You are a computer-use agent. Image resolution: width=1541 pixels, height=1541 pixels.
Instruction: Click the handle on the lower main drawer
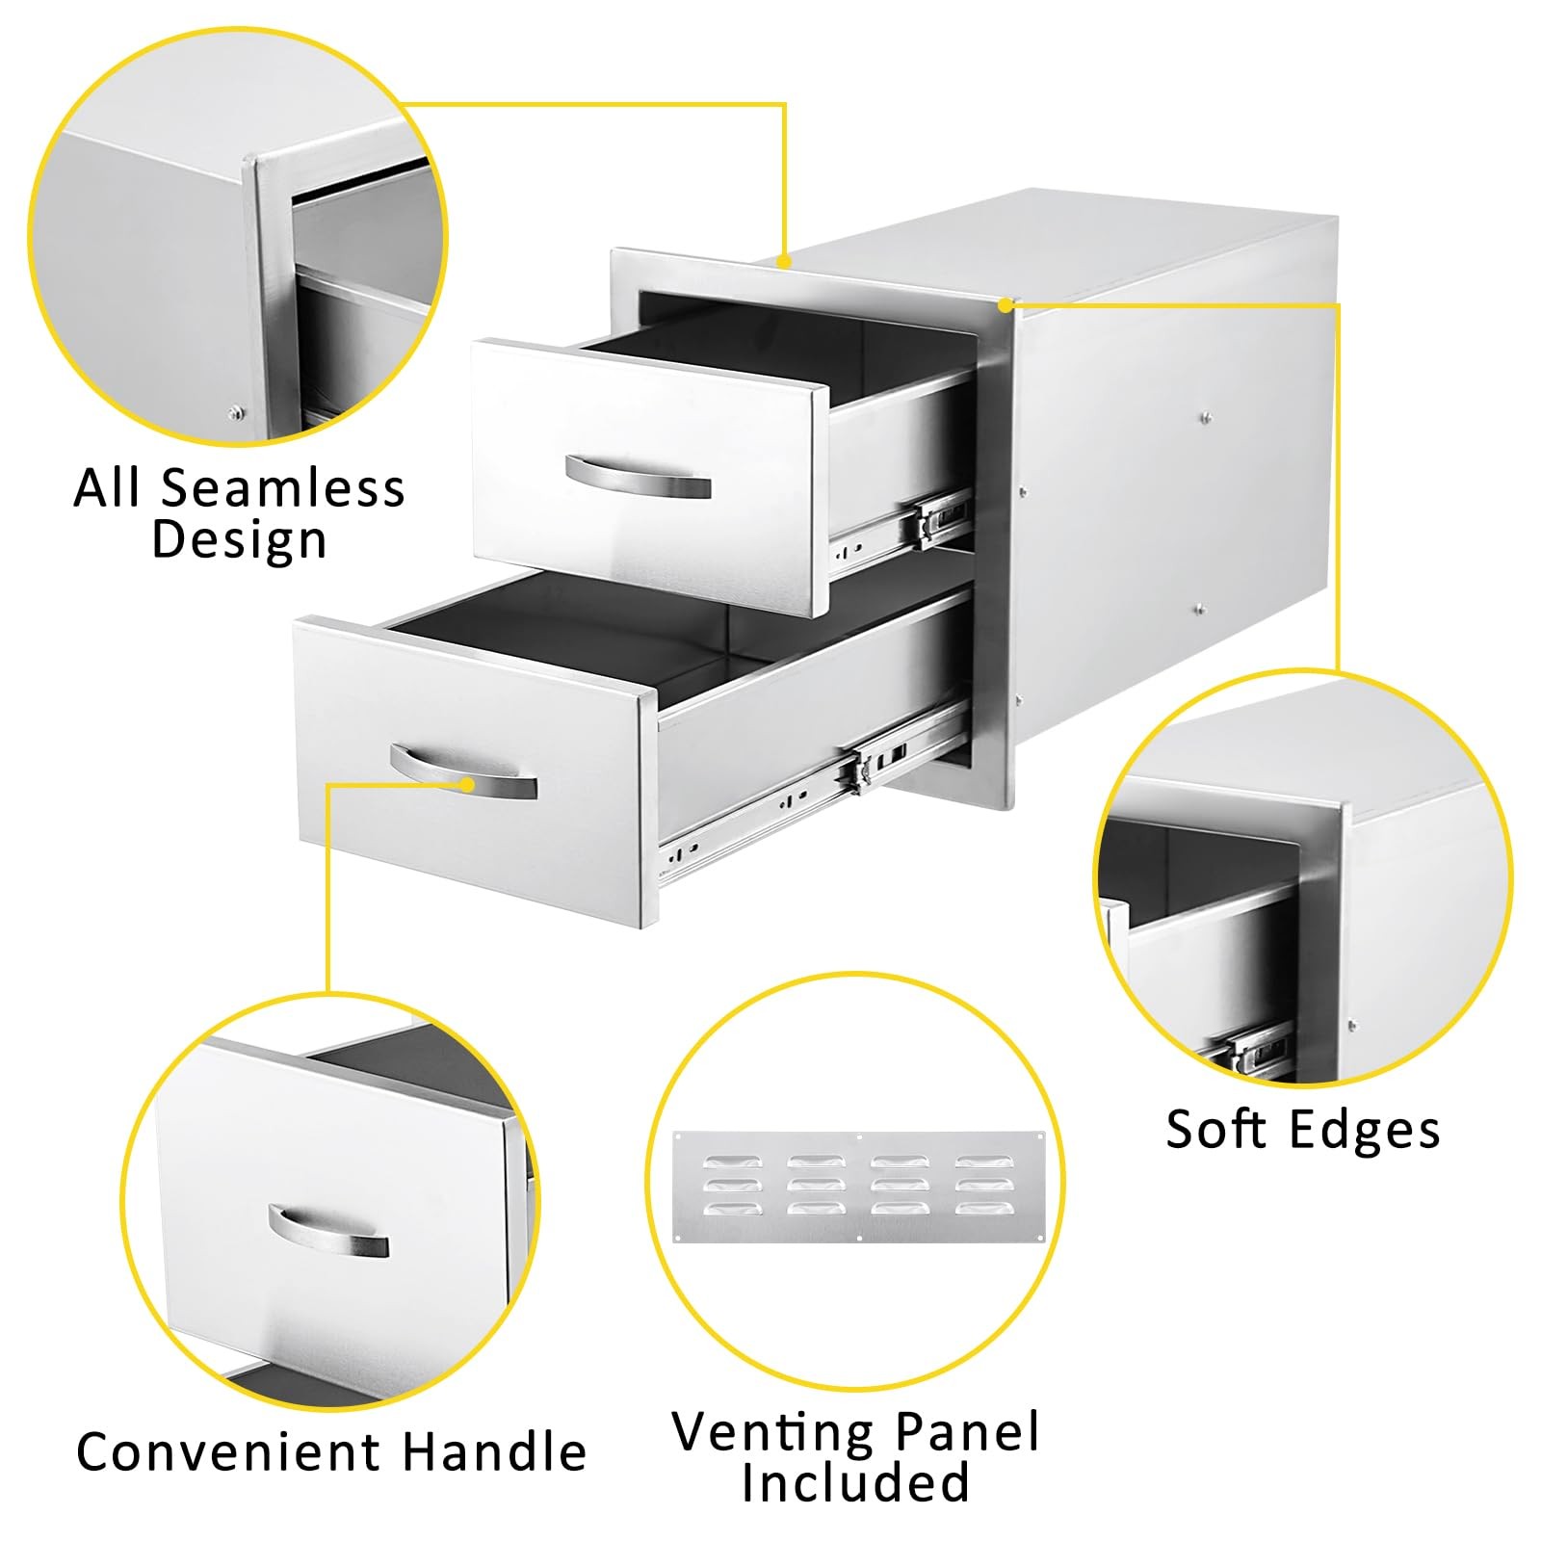pyautogui.click(x=462, y=770)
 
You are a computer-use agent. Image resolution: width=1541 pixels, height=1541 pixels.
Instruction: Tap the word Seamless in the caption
pyautogui.click(x=282, y=488)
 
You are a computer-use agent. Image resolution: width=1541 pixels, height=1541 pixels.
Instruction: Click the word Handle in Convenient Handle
pyautogui.click(x=494, y=1452)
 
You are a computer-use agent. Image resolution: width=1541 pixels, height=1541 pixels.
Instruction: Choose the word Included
pyautogui.click(x=855, y=1483)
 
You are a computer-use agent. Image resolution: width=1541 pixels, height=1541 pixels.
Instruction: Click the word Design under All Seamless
pyautogui.click(x=239, y=539)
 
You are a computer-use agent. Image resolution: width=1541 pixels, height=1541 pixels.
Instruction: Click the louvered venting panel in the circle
pyautogui.click(x=856, y=1187)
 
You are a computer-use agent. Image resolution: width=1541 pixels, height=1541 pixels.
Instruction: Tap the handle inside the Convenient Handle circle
pyautogui.click(x=327, y=1233)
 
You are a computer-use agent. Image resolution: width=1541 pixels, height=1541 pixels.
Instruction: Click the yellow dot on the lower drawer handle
pyautogui.click(x=468, y=784)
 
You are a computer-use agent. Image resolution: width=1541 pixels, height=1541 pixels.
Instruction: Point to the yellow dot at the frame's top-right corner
pyautogui.click(x=1005, y=305)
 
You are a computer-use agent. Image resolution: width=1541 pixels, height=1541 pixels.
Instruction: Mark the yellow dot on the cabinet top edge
pyautogui.click(x=785, y=261)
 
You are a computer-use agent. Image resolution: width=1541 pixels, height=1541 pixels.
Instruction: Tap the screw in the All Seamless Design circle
pyautogui.click(x=234, y=414)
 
